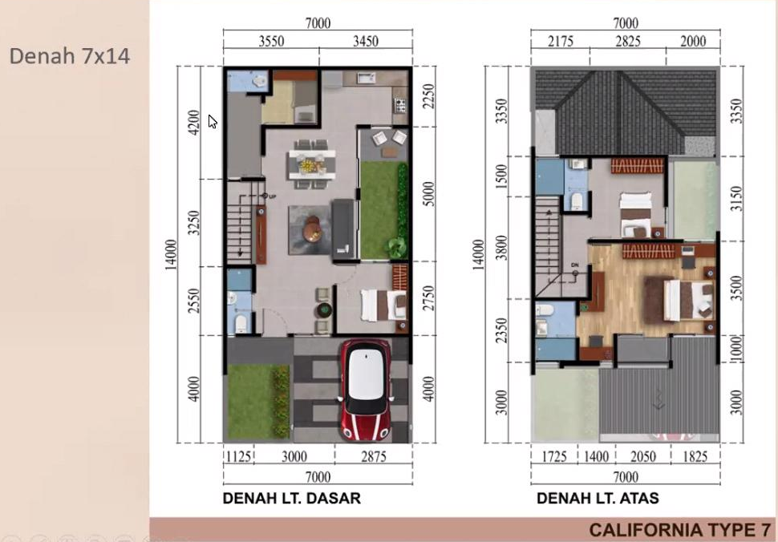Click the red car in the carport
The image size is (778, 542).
(x=367, y=390)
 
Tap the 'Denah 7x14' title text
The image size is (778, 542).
(x=70, y=56)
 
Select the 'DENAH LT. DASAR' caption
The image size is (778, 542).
(x=292, y=499)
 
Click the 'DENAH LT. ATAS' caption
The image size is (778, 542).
(x=598, y=499)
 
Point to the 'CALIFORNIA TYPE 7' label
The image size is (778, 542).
(x=680, y=530)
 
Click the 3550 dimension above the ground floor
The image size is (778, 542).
(x=271, y=41)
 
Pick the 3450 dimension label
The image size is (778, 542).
(x=366, y=41)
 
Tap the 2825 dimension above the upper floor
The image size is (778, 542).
(x=628, y=41)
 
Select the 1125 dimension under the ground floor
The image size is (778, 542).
(x=239, y=456)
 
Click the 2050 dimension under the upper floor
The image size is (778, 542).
(x=643, y=456)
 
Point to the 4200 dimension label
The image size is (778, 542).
(x=194, y=122)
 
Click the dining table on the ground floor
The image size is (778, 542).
(x=312, y=164)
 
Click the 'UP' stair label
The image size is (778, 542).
(x=273, y=197)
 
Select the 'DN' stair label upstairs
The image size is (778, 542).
(x=574, y=265)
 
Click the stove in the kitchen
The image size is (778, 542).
(x=400, y=105)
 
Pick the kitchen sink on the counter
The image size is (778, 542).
(x=367, y=78)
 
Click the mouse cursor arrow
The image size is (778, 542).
(x=213, y=122)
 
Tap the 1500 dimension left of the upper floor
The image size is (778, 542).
(x=502, y=176)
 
